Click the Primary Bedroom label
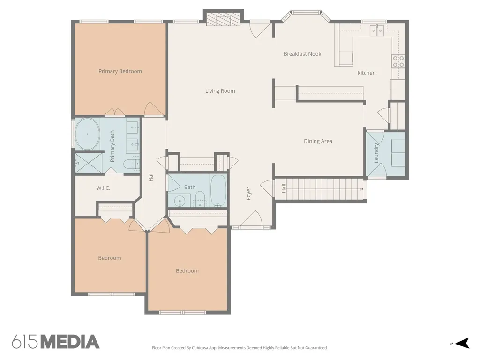(x=120, y=71)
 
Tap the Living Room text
(x=220, y=91)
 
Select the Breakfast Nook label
(x=302, y=54)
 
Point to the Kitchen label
(x=367, y=73)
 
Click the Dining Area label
(x=318, y=141)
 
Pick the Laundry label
(x=376, y=153)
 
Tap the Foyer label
(x=248, y=194)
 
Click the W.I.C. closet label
(x=103, y=188)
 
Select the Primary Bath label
(x=112, y=146)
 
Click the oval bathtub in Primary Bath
(x=87, y=134)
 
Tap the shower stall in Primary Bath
(x=89, y=163)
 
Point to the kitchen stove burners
(x=398, y=61)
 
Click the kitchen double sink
(x=377, y=30)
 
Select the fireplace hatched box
(x=223, y=21)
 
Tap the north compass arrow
(x=462, y=343)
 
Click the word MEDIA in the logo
(x=70, y=342)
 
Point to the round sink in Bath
(x=179, y=201)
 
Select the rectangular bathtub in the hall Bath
(x=218, y=190)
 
